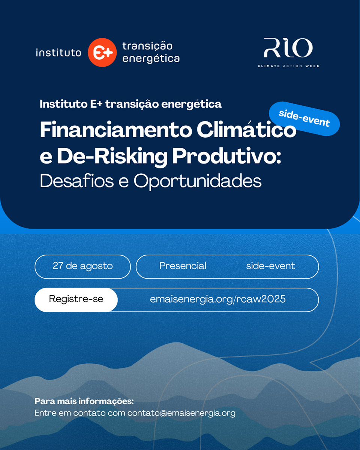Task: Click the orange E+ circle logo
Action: coord(102,52)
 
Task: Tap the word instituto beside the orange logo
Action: coord(58,53)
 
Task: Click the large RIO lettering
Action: coord(288,48)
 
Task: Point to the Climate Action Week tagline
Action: coord(288,66)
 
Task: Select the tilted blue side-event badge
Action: coord(304,118)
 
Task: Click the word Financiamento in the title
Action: coord(115,129)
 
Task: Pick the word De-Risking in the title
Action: coord(112,157)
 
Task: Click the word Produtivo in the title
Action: coord(227,156)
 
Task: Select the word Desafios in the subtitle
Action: coord(77,180)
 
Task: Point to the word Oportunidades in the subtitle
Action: coord(198,181)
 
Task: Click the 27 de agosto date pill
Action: coord(82,267)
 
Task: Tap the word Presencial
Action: coord(183,266)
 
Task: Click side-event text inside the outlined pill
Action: coord(270,266)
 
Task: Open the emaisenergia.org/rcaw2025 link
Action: coord(217,299)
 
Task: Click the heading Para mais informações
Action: coord(84,401)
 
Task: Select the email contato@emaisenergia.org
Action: coord(181,413)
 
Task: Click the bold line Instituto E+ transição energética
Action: coord(130,104)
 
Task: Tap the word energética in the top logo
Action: coord(151,59)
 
